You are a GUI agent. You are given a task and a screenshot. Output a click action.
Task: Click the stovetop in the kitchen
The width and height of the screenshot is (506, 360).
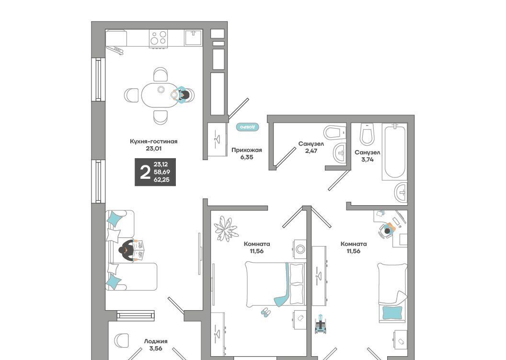[159, 38]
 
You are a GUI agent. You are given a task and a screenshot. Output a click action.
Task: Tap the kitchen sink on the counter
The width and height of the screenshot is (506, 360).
[194, 38]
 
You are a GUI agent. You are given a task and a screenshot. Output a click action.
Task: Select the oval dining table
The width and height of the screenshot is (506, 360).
[160, 95]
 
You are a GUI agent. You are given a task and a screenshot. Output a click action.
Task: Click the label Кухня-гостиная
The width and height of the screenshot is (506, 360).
[154, 141]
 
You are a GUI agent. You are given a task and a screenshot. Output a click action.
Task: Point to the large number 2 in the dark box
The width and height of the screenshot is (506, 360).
[145, 172]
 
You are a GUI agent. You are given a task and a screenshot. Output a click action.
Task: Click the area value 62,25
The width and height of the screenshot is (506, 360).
[161, 180]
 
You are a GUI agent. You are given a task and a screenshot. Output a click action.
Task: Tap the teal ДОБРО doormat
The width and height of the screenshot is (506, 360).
[248, 127]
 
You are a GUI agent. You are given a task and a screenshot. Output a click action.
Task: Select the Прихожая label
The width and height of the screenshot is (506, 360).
[247, 150]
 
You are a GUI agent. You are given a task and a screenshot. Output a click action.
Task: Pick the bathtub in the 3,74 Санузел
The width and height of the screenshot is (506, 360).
[395, 152]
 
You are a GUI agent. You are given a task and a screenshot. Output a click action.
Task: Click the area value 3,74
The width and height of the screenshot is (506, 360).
[367, 160]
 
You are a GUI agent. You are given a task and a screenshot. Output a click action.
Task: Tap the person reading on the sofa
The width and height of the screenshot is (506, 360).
[132, 250]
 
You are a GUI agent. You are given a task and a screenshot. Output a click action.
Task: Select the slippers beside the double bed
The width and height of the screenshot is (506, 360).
[265, 312]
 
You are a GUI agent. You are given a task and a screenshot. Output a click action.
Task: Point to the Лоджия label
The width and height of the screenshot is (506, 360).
[156, 341]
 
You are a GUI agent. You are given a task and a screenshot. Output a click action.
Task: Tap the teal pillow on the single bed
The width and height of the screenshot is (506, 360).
[392, 313]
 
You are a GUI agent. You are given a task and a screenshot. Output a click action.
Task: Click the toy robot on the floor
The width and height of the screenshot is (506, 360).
[321, 324]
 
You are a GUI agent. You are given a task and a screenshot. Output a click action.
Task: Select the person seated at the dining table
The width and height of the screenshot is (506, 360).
[183, 95]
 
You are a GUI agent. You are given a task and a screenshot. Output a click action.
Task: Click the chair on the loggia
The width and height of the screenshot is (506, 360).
[122, 340]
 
